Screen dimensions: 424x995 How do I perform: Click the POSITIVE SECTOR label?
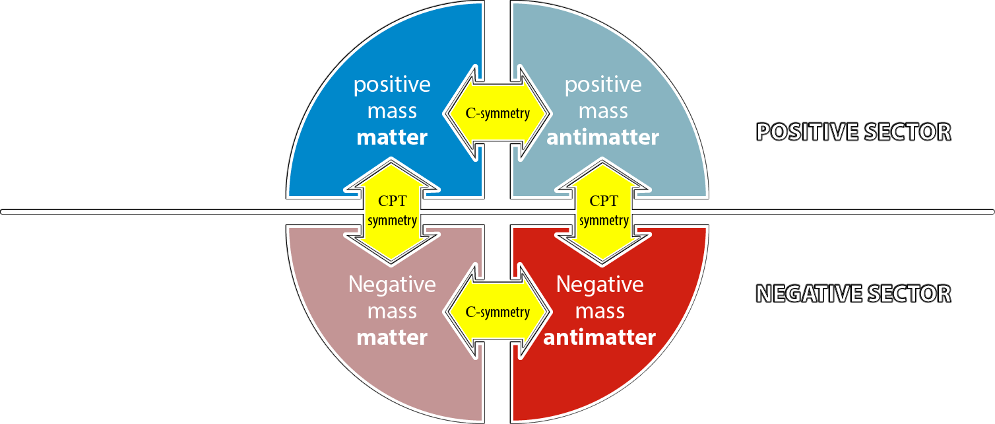pos(853,132)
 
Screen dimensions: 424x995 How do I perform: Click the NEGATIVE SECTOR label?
pos(853,293)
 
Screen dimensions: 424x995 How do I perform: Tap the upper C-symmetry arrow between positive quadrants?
pos(497,113)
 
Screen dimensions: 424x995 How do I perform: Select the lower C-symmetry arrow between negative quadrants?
pos(497,312)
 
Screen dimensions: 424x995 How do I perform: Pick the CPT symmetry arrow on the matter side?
pos(392,210)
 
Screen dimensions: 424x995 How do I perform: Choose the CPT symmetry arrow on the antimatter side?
pos(604,210)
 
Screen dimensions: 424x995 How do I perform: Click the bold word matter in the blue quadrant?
pos(392,138)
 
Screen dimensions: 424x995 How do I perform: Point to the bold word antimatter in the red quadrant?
pos(599,337)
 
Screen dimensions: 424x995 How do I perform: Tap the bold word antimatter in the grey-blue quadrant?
pos(602,138)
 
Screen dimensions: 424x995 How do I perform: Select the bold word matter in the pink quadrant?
pos(392,337)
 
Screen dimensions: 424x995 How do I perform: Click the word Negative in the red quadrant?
pos(599,285)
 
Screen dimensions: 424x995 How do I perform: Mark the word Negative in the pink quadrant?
pos(392,285)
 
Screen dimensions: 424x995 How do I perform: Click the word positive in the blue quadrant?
pos(392,85)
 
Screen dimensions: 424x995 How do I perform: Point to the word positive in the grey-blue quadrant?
pos(602,85)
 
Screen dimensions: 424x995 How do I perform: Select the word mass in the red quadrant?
pos(599,311)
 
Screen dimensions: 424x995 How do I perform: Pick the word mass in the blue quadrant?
pos(392,111)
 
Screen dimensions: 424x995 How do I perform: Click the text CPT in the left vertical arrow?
pos(392,201)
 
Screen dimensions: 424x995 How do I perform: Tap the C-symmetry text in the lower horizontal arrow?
pos(497,312)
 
